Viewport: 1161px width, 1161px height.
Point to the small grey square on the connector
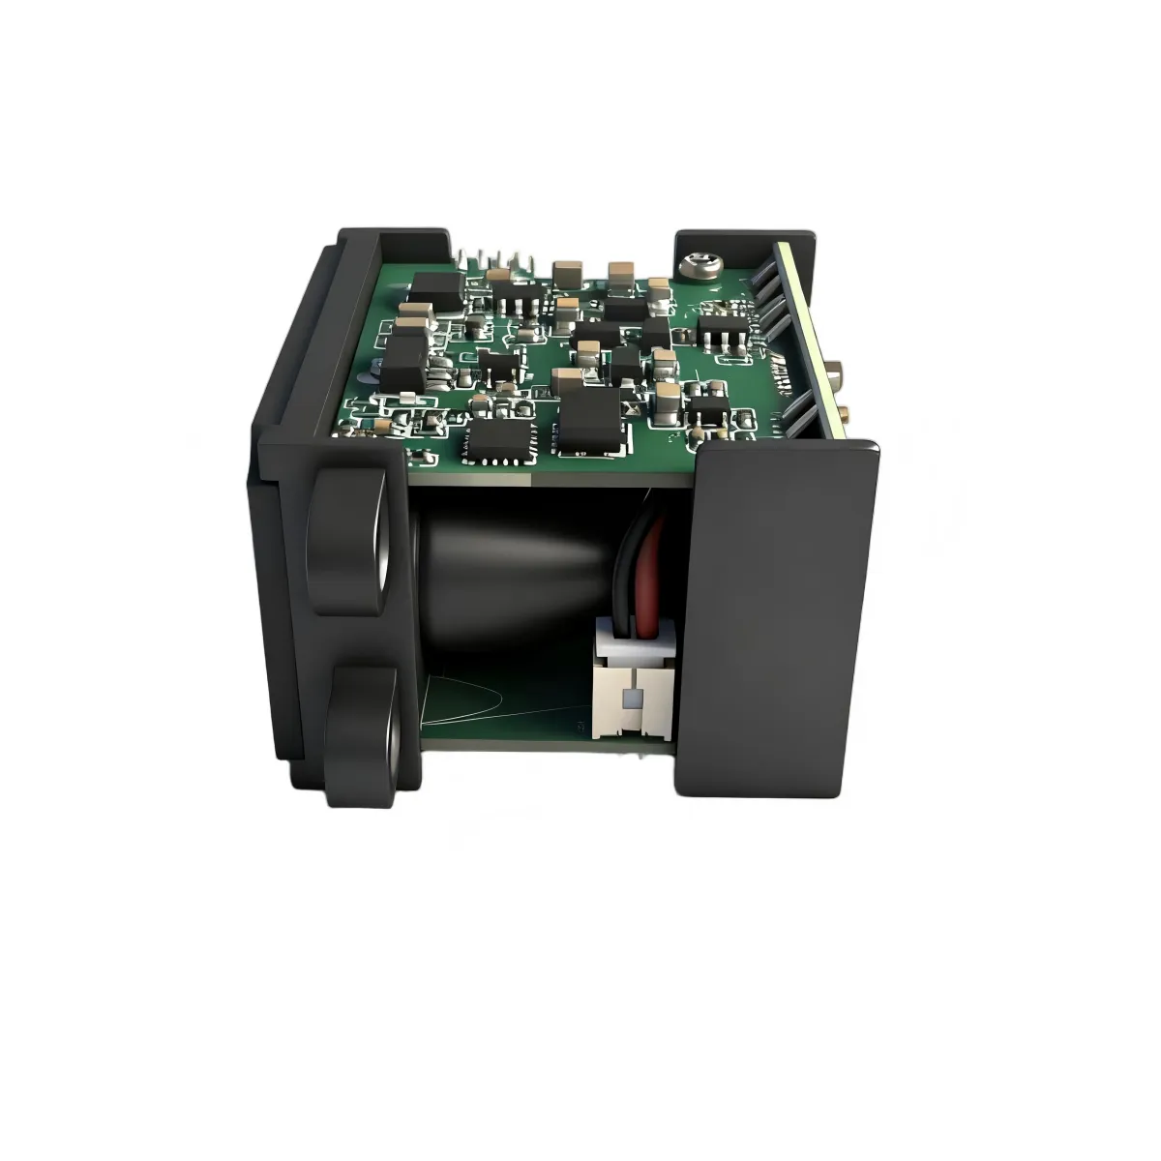[x=633, y=697]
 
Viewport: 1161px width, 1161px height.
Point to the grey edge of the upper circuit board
[x=551, y=473]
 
